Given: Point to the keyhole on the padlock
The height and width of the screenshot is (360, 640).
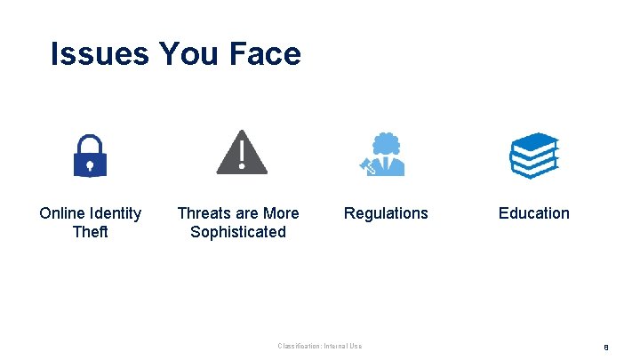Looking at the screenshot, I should pos(89,164).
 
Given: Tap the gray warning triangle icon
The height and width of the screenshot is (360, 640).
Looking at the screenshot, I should pos(242,153).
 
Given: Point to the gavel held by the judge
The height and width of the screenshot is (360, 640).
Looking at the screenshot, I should pos(364,164).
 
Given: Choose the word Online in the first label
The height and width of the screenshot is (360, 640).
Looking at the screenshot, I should pos(62,213).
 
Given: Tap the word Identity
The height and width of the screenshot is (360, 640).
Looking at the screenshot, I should pos(116,213).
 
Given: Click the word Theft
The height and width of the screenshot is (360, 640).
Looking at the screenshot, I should pos(90,232).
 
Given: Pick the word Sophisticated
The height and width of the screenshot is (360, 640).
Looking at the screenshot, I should pos(238,232).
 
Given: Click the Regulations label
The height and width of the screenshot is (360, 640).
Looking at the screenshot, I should pos(386,213).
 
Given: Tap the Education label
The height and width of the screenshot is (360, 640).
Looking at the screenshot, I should pos(533,213).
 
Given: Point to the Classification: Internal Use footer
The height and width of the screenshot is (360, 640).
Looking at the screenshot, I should pos(320,346).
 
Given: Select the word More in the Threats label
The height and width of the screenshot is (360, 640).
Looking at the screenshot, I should pos(282,213).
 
